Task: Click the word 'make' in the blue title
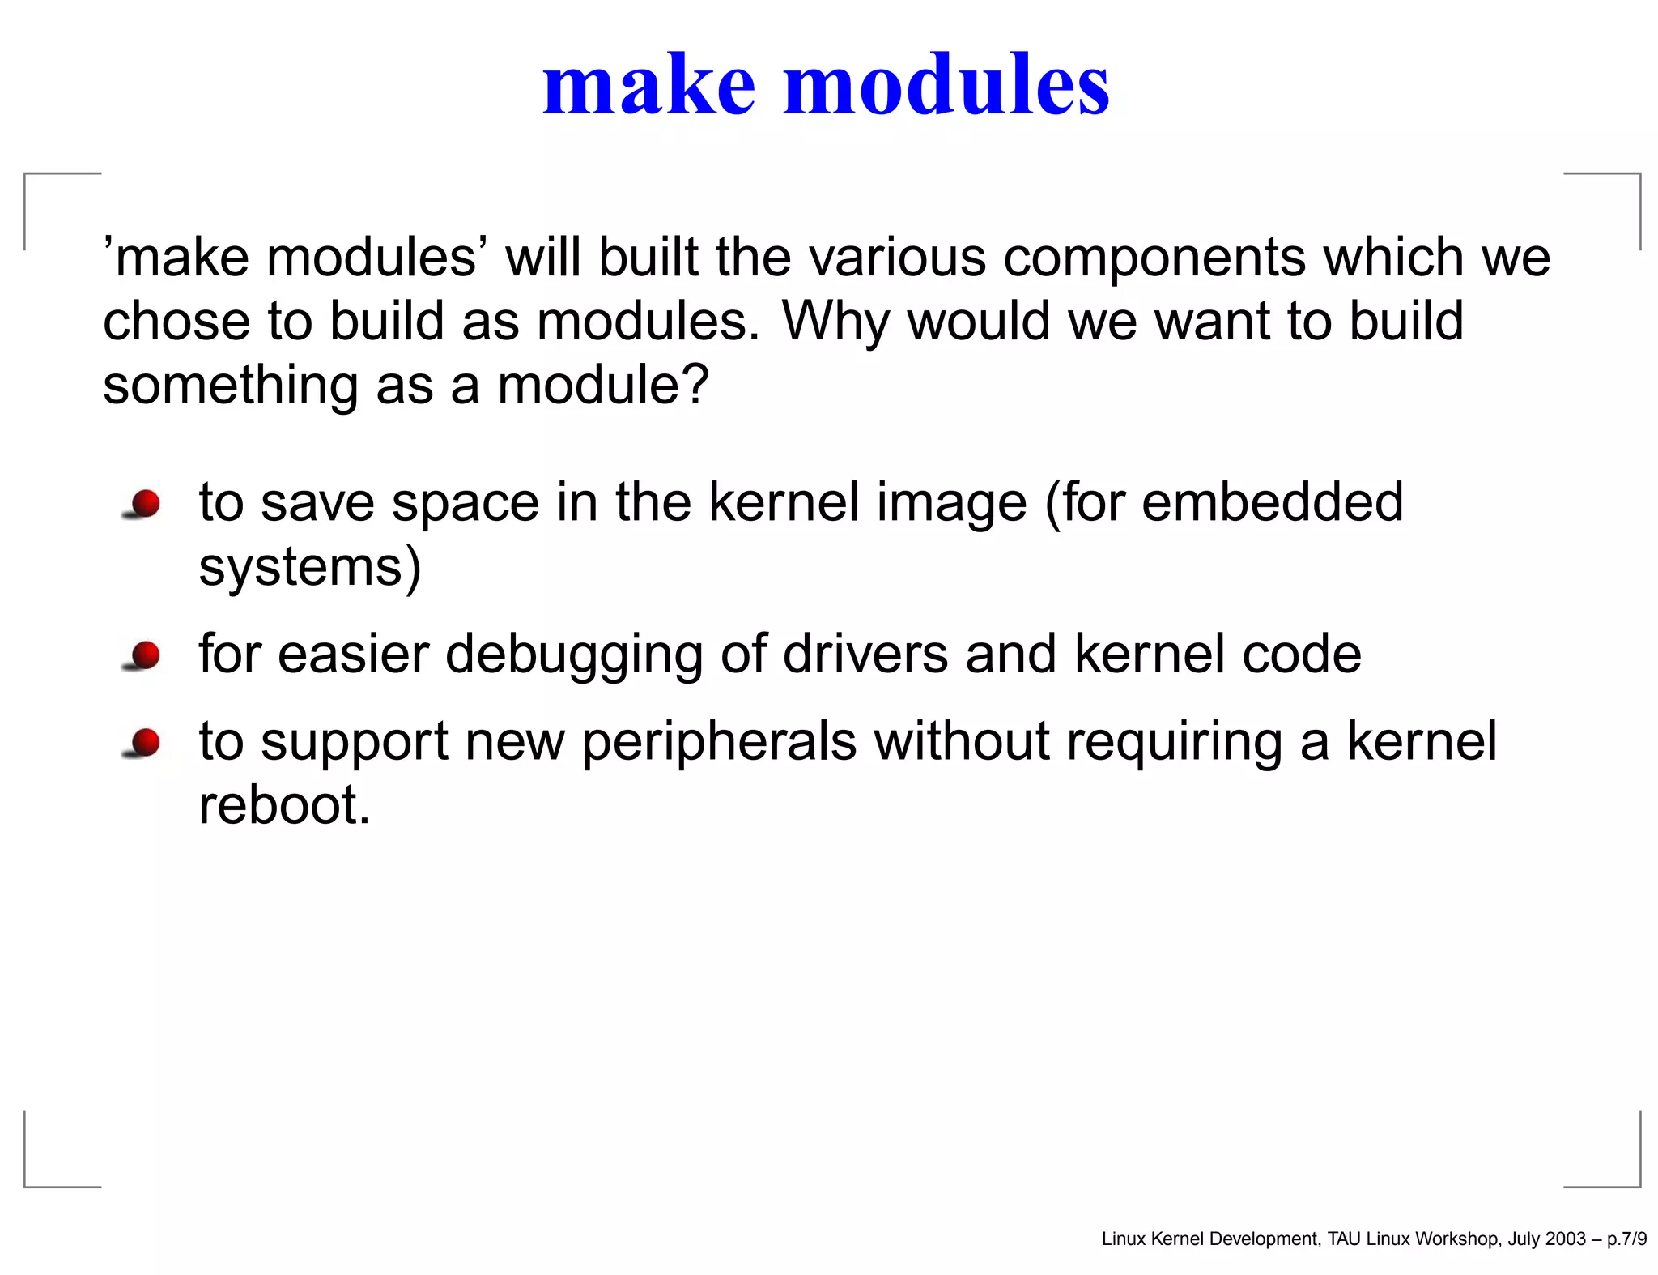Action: (x=648, y=85)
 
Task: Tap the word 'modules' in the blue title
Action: (x=946, y=85)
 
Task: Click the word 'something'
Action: (x=231, y=386)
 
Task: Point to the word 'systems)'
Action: (x=310, y=567)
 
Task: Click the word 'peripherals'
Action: (x=719, y=742)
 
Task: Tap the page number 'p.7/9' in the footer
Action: (x=1626, y=1239)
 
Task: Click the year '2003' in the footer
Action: (x=1566, y=1239)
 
